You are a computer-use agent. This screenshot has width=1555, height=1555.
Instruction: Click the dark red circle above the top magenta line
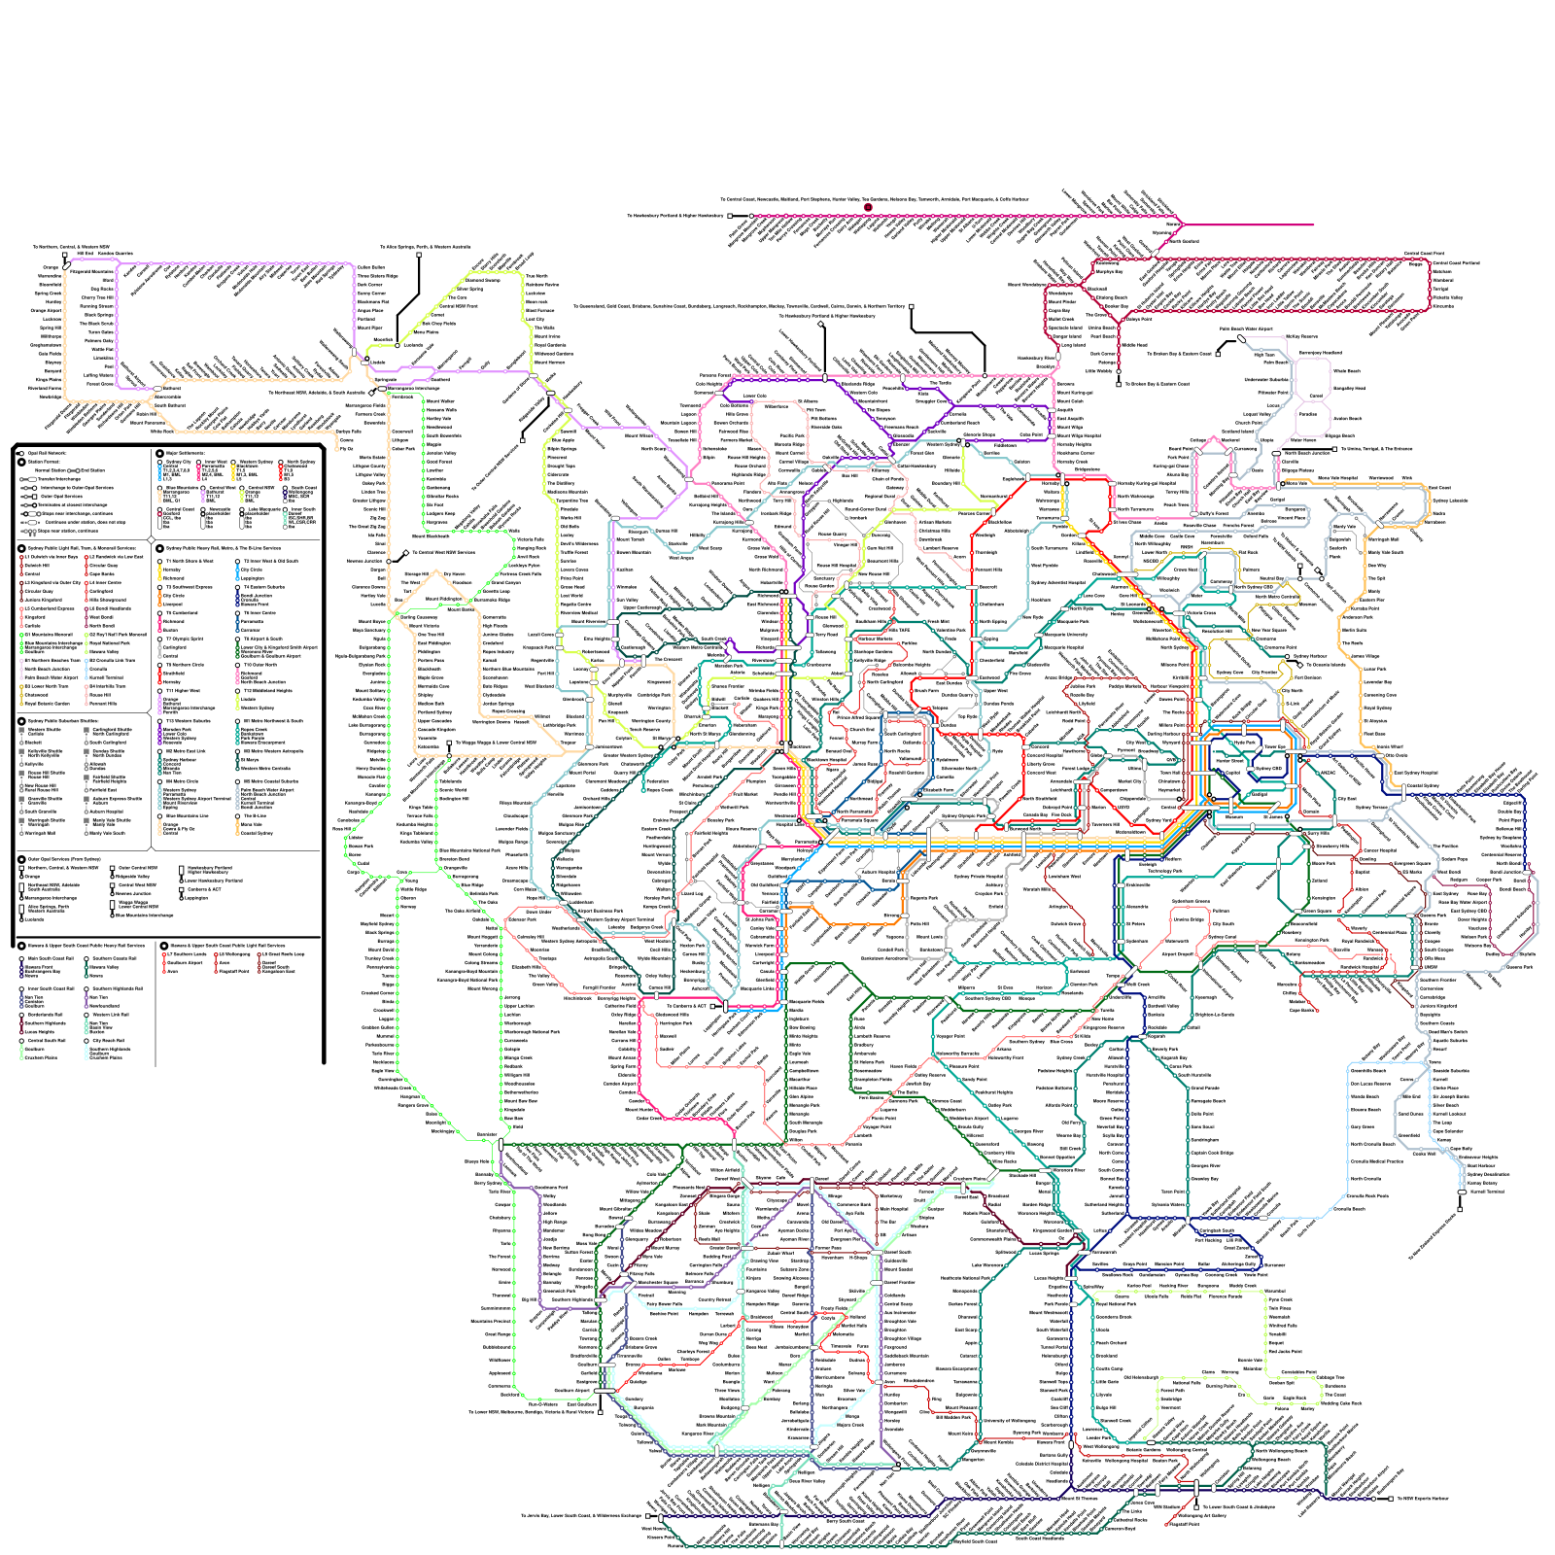tap(868, 207)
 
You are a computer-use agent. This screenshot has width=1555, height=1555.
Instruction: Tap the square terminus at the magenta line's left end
tap(730, 216)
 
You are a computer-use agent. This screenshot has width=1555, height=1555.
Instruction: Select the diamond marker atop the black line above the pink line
tap(821, 324)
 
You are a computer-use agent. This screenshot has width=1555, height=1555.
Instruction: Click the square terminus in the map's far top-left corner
tap(65, 256)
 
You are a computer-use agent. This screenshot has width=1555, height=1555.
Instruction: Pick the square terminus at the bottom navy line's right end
tap(1391, 1499)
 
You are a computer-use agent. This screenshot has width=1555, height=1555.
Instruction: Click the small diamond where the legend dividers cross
tap(152, 539)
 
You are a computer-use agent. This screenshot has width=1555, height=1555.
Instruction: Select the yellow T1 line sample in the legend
tap(160, 573)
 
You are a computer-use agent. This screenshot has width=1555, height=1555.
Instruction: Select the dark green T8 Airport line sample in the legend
tap(238, 650)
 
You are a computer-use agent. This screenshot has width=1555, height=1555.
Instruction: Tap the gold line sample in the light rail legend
tap(22, 694)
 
